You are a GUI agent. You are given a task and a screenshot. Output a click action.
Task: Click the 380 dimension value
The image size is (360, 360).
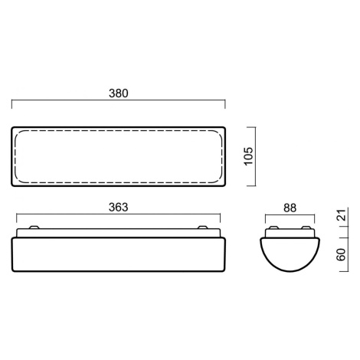[118, 93]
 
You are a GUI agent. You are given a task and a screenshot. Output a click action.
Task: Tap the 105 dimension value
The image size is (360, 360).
[249, 156]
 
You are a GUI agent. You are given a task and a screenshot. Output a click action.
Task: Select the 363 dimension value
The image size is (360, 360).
[118, 208]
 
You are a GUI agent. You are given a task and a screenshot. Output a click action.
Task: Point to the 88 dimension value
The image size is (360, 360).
[290, 208]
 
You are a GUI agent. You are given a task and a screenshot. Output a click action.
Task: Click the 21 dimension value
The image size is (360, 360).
[342, 214]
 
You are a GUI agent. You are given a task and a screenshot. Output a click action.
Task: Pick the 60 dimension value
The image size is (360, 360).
[342, 254]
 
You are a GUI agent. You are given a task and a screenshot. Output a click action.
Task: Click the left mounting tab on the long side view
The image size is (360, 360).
[34, 227]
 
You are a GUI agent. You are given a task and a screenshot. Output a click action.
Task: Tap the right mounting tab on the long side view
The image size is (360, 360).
[203, 227]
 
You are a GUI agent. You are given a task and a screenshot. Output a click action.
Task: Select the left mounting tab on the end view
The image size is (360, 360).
[273, 227]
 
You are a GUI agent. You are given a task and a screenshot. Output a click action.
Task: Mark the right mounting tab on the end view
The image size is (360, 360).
[306, 227]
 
